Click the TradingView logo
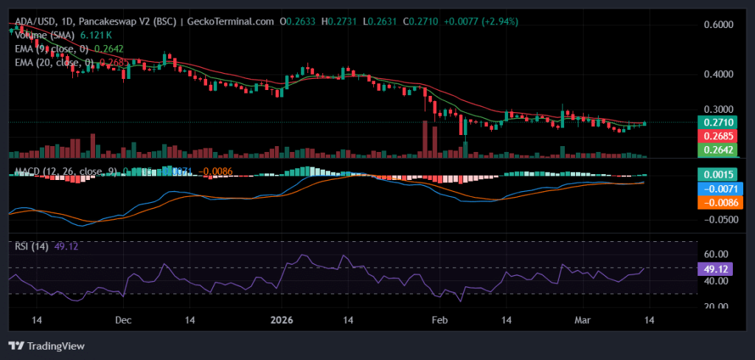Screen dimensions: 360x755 [46, 345]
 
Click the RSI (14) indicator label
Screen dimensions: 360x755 [31, 246]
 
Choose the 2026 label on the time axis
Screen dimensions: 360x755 [281, 320]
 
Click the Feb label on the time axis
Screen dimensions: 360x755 [439, 320]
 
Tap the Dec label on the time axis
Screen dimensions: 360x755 [123, 320]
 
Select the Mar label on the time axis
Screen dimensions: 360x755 [583, 320]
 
